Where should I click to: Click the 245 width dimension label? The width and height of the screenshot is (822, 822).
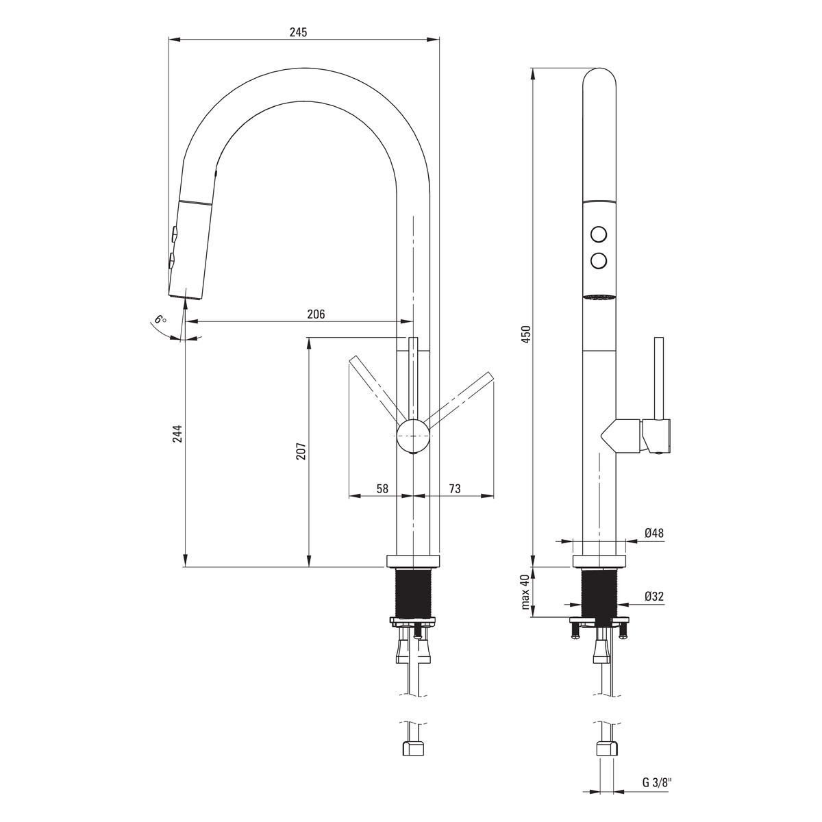click(298, 32)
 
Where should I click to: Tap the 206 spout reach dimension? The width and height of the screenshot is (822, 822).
click(316, 314)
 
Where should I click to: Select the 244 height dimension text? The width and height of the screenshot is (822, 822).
click(177, 434)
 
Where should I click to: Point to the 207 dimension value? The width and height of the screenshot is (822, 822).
click(301, 451)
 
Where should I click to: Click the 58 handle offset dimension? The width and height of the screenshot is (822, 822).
click(383, 489)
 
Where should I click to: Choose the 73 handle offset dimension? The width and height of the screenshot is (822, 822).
click(455, 489)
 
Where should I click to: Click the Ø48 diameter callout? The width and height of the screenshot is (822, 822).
click(654, 533)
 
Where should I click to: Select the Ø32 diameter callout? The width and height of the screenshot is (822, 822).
click(654, 597)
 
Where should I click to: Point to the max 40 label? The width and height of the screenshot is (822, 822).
click(525, 592)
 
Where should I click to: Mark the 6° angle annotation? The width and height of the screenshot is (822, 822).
click(160, 319)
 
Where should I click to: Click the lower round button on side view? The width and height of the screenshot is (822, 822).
click(599, 260)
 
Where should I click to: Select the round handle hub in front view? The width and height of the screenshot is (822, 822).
click(412, 436)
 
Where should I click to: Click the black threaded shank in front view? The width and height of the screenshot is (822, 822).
click(413, 593)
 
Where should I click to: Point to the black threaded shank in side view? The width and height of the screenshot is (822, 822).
click(599, 593)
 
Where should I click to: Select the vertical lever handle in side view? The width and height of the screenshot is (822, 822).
click(658, 379)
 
